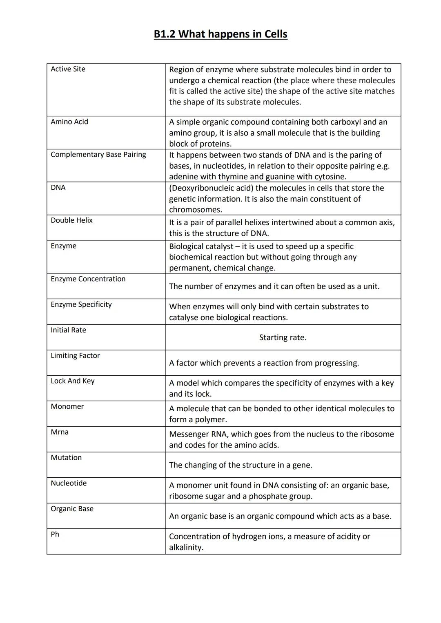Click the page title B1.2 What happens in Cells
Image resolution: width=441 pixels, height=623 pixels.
click(x=220, y=34)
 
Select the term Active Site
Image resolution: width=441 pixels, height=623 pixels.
click(x=68, y=69)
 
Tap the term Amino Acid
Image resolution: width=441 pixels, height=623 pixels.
click(x=69, y=122)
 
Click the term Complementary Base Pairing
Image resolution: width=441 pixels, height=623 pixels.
click(x=98, y=154)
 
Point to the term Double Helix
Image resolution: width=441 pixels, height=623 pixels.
click(x=71, y=220)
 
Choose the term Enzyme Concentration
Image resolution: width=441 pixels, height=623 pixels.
click(x=88, y=279)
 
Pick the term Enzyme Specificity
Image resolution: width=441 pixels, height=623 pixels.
click(x=81, y=304)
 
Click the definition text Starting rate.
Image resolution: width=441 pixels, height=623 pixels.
click(x=283, y=337)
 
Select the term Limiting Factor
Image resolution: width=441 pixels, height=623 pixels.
click(x=75, y=355)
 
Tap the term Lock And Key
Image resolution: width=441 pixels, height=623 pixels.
click(x=72, y=381)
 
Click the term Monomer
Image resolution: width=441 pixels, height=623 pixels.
click(x=67, y=406)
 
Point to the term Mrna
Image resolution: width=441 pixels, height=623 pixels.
click(x=60, y=432)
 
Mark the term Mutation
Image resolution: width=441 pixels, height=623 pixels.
click(x=66, y=457)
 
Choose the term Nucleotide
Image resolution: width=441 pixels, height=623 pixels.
click(x=69, y=483)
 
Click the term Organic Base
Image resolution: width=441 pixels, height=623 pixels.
click(x=72, y=509)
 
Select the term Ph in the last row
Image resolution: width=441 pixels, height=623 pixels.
click(x=55, y=534)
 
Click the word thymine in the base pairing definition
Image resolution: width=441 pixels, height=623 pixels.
click(x=232, y=177)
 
